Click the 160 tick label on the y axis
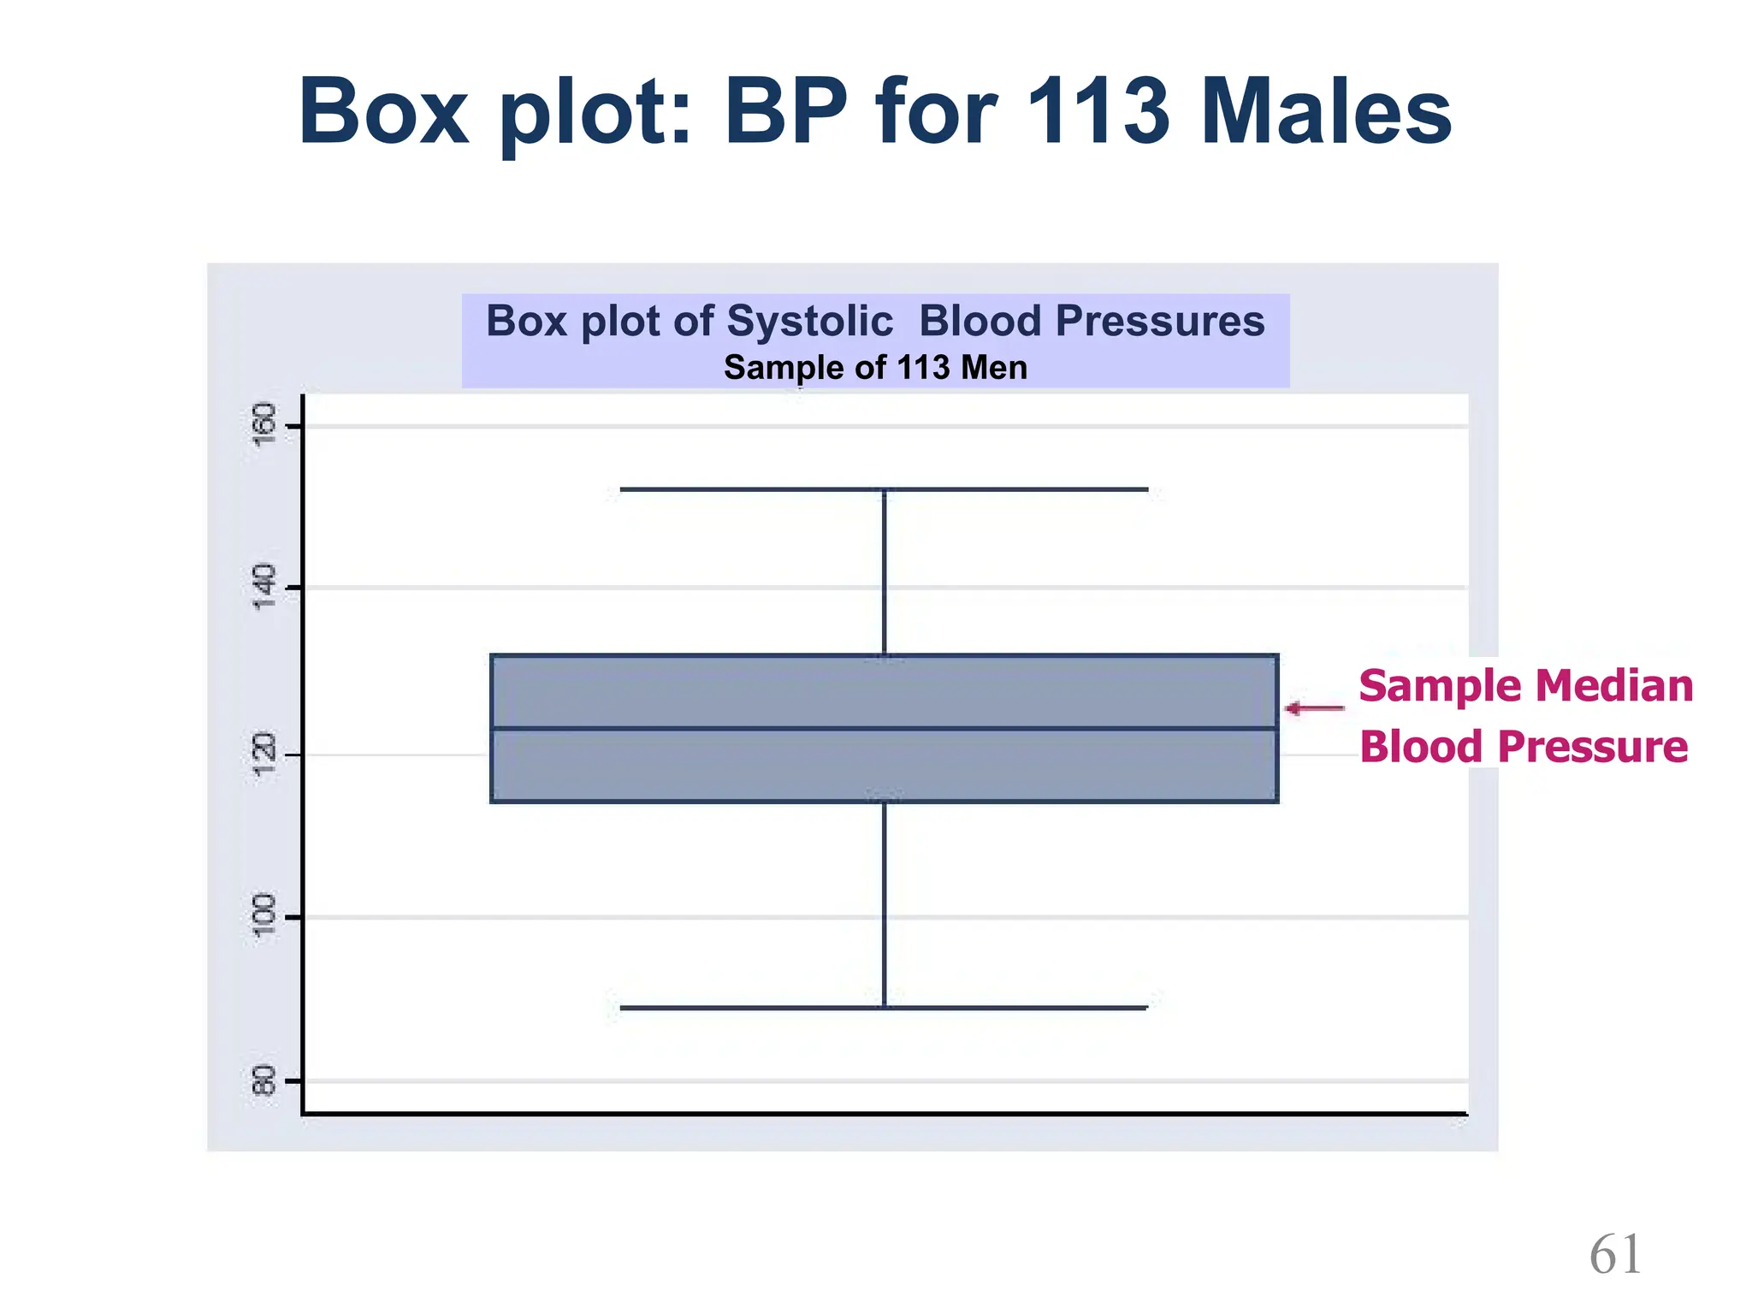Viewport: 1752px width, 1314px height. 265,424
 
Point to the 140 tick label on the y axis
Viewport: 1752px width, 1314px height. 265,587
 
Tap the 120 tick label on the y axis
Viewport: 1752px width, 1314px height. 265,755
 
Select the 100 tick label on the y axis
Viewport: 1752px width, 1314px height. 265,916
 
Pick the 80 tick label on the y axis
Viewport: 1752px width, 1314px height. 265,1080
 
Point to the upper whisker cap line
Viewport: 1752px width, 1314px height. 884,489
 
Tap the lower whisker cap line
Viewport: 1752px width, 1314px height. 884,1008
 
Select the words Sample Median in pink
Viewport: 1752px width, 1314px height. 1525,686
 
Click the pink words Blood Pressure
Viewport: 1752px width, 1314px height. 1524,747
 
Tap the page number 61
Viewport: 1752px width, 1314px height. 1615,1256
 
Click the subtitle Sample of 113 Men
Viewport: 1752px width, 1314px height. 875,368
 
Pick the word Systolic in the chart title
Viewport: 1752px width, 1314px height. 809,322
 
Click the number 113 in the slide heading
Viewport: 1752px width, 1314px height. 1098,112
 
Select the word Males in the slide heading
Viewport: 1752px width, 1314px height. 1325,112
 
